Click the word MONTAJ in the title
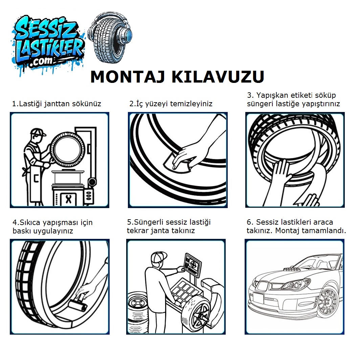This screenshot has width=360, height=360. (x=128, y=76)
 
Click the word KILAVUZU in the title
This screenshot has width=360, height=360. (x=218, y=76)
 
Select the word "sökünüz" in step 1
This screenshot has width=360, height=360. (x=87, y=104)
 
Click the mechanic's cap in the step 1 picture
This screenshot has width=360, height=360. (x=38, y=132)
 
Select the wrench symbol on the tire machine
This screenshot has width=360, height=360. (x=68, y=199)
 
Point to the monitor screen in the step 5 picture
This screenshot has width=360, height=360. (x=193, y=265)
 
